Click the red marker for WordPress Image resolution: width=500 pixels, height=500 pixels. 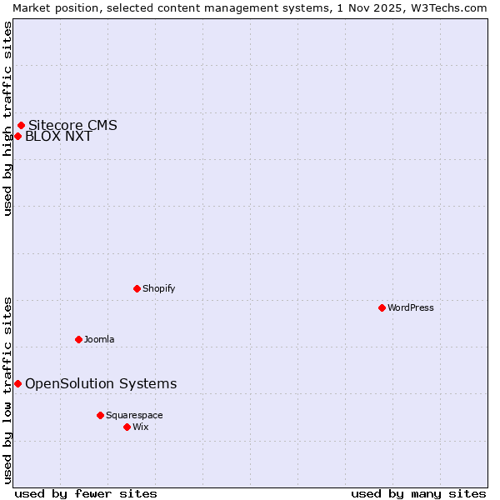[382, 307]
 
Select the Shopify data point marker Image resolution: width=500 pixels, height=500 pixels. [137, 288]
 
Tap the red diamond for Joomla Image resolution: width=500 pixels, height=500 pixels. [78, 339]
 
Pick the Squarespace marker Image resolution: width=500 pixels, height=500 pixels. [100, 415]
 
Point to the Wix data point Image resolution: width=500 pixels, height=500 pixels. [127, 427]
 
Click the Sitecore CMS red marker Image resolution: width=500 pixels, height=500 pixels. [21, 126]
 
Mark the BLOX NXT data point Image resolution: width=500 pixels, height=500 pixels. [17, 137]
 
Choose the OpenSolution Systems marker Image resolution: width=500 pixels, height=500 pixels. [17, 383]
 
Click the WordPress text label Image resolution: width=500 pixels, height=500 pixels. [411, 307]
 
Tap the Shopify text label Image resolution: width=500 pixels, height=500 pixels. [158, 288]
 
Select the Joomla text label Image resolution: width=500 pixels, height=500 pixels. [99, 339]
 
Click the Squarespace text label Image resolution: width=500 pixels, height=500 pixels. [134, 415]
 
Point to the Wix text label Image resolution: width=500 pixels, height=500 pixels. [141, 427]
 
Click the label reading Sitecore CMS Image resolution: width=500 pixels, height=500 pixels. [72, 126]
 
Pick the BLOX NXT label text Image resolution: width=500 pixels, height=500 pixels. [58, 137]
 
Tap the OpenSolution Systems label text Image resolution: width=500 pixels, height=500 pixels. [101, 383]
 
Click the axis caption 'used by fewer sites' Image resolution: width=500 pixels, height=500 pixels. [86, 493]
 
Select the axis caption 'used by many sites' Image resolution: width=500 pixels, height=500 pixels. [418, 493]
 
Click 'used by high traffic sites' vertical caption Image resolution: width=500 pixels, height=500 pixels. [7, 118]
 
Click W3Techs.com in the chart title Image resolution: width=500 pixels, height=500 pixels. [447, 7]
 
